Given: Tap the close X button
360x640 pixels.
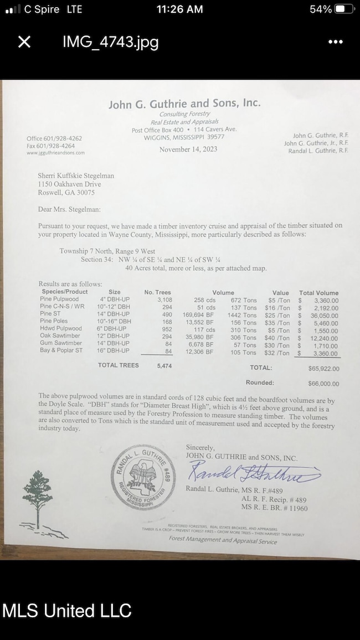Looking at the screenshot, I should [24, 42].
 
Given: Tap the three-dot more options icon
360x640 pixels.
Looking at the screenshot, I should [336, 42].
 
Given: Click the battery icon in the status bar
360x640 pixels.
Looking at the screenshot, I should [343, 9].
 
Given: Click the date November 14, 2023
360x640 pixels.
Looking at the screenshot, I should [188, 149].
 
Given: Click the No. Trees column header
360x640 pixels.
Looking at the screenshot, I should [158, 292].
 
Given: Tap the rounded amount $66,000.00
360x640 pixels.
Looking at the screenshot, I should [323, 383].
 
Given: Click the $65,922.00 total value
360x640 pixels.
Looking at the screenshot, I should [323, 368].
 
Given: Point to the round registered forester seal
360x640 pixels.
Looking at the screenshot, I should [144, 475].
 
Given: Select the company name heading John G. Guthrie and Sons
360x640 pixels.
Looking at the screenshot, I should [184, 104].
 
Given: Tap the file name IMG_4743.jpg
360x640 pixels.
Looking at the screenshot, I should [110, 42].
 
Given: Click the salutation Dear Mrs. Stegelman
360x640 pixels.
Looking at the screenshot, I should [69, 209].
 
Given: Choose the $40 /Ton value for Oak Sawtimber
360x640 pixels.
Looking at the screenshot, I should [277, 337].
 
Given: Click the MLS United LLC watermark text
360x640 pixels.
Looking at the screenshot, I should [67, 611].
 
